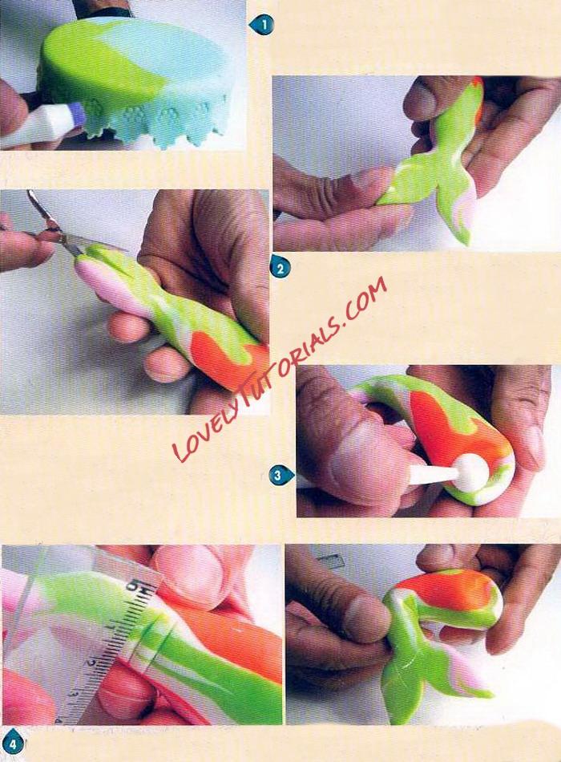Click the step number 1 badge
262,25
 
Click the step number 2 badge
279,267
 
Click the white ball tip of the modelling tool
471,469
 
